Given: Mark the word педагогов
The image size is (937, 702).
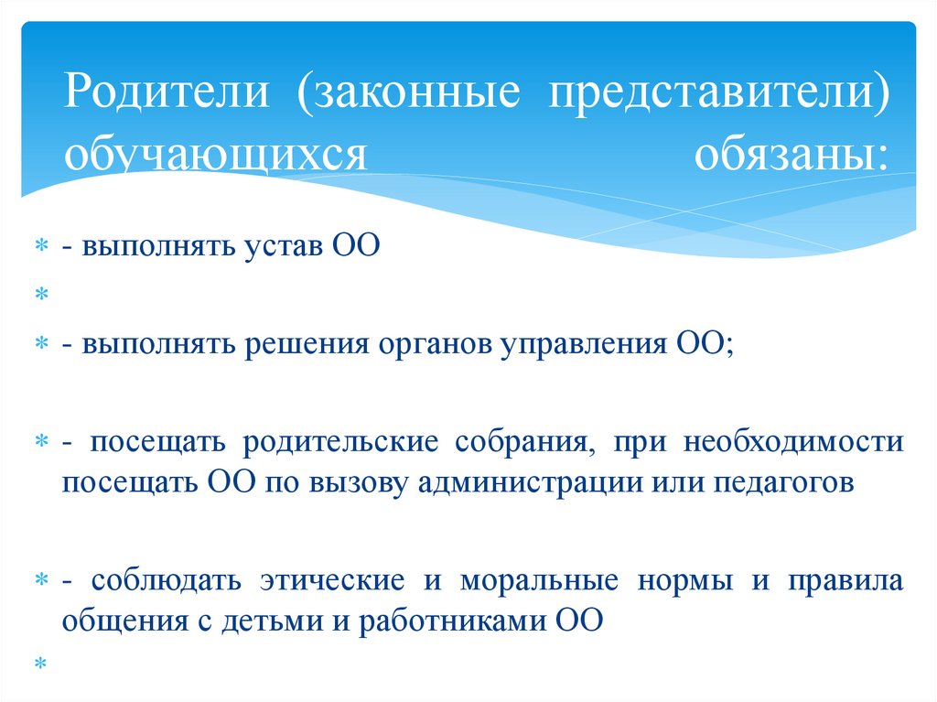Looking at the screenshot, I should click(x=784, y=482).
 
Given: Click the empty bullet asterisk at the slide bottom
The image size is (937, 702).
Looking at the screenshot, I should click(x=40, y=661).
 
